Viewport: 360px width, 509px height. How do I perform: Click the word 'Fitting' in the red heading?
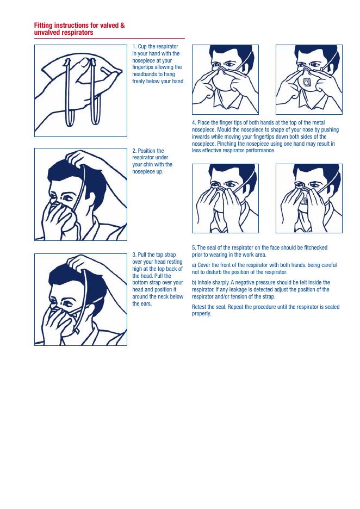(x=43, y=26)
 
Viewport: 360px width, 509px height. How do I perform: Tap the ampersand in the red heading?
(x=122, y=26)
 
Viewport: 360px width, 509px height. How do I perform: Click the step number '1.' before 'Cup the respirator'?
(x=134, y=46)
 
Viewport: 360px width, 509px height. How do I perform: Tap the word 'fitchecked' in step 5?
(x=315, y=247)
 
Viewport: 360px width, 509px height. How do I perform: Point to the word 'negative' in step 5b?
(x=247, y=282)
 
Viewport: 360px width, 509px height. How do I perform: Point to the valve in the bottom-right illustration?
(x=303, y=201)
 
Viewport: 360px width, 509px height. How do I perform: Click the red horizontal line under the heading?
(x=109, y=38)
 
